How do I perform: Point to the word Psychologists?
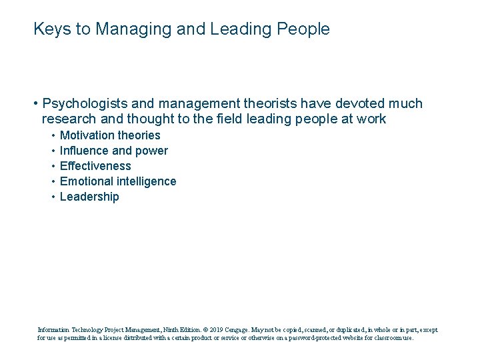coord(83,104)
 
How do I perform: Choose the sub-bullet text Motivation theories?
coord(110,135)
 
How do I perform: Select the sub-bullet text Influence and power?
coord(113,151)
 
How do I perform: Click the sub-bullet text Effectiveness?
coord(95,166)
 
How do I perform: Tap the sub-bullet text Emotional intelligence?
coord(118,181)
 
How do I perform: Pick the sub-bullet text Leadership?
coord(89,197)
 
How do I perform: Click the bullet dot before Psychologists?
coord(34,104)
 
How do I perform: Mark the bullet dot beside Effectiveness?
coord(53,166)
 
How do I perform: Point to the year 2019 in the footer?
coord(217,329)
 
